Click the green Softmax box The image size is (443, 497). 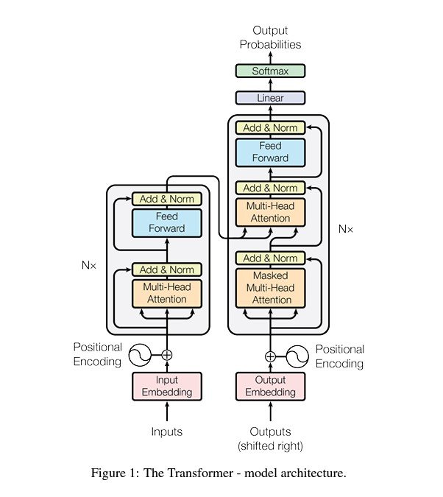269,71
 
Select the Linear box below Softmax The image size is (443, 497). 269,97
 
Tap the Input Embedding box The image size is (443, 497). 167,386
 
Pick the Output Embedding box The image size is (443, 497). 269,386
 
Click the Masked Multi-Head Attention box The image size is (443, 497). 269,287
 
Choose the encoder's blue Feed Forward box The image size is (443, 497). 167,222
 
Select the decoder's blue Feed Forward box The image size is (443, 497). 269,152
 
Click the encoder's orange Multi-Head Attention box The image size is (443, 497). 167,293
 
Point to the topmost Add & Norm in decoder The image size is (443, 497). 269,127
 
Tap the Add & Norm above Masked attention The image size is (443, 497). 269,258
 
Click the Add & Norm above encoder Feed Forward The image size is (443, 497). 167,199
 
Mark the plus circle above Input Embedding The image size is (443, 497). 167,355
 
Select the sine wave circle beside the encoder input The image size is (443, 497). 141,355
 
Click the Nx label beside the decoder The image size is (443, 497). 345,229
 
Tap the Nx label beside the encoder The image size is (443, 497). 90,262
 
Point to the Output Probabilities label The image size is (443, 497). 277,38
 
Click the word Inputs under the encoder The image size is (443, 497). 167,431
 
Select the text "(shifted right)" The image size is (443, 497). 270,446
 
